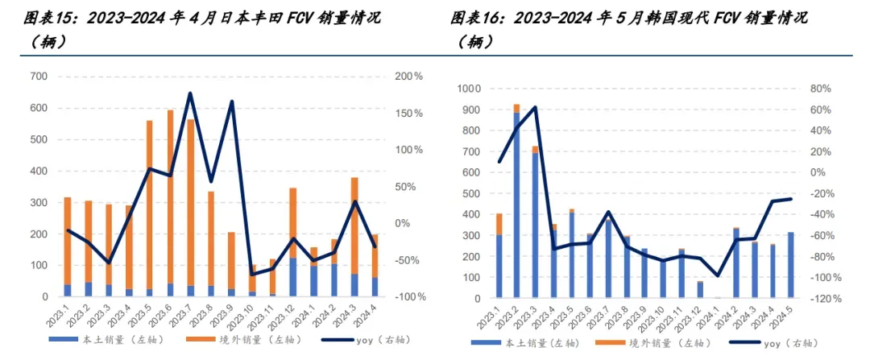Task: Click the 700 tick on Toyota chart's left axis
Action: coord(40,76)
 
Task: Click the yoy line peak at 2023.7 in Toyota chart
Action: coord(190,93)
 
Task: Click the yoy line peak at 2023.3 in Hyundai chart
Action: coord(535,106)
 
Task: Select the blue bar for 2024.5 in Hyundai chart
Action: coord(791,265)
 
